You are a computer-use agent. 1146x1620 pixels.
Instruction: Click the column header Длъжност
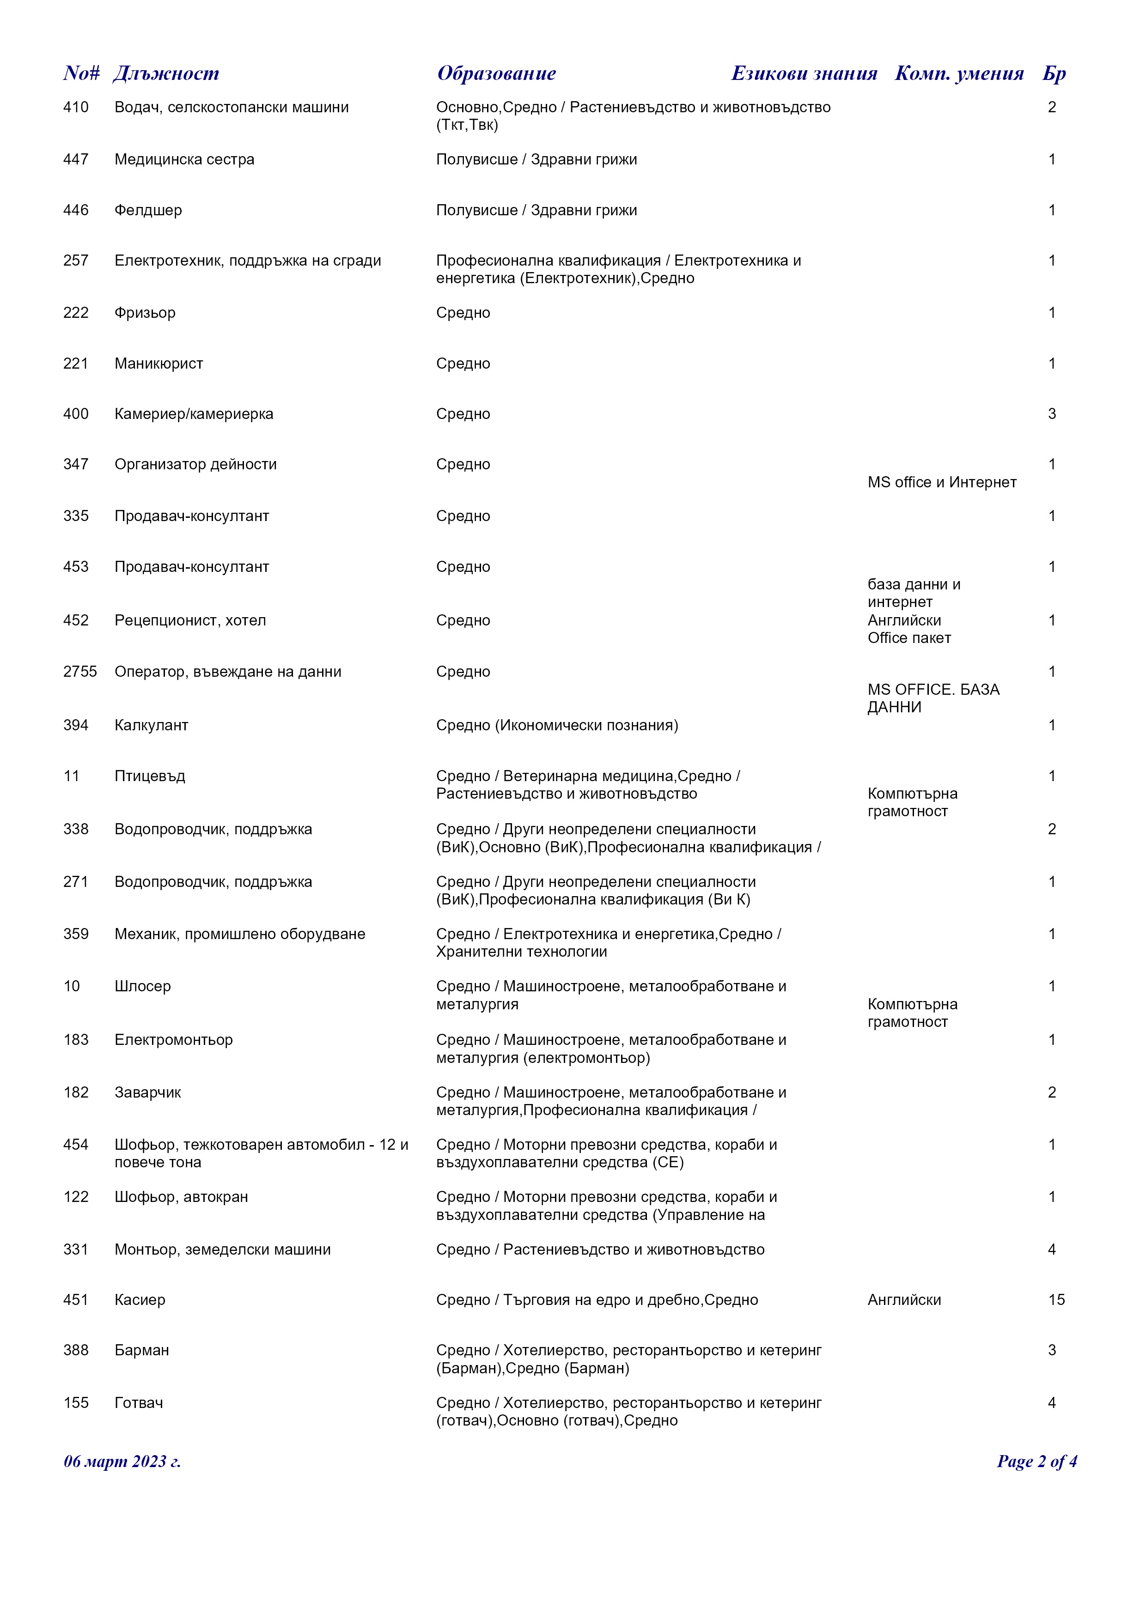point(166,73)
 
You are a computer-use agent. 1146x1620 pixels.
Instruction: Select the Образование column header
point(496,73)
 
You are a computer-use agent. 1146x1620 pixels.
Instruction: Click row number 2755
point(80,672)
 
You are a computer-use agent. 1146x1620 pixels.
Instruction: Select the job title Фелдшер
point(148,210)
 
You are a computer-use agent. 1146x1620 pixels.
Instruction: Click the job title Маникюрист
point(159,364)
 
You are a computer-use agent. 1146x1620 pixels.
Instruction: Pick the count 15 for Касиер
point(1056,1300)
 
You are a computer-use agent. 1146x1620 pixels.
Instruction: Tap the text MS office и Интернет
point(942,483)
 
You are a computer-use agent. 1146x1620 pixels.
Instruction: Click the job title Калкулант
point(151,725)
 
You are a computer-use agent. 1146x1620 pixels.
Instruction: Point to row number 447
point(75,159)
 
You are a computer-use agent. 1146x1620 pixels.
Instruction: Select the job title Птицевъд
point(150,776)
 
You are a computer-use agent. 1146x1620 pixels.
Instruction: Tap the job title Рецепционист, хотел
point(190,621)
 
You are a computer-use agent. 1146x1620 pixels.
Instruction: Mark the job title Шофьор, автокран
point(181,1197)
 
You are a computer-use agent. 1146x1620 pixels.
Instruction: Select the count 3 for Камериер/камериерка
point(1051,414)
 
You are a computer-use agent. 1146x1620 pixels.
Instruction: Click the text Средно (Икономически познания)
point(557,725)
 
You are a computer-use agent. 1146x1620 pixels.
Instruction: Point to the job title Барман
point(142,1351)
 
